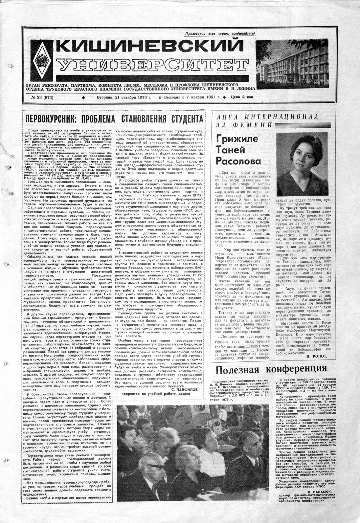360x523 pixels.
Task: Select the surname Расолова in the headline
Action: pos(238,161)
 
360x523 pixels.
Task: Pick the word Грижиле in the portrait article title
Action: pos(236,140)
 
